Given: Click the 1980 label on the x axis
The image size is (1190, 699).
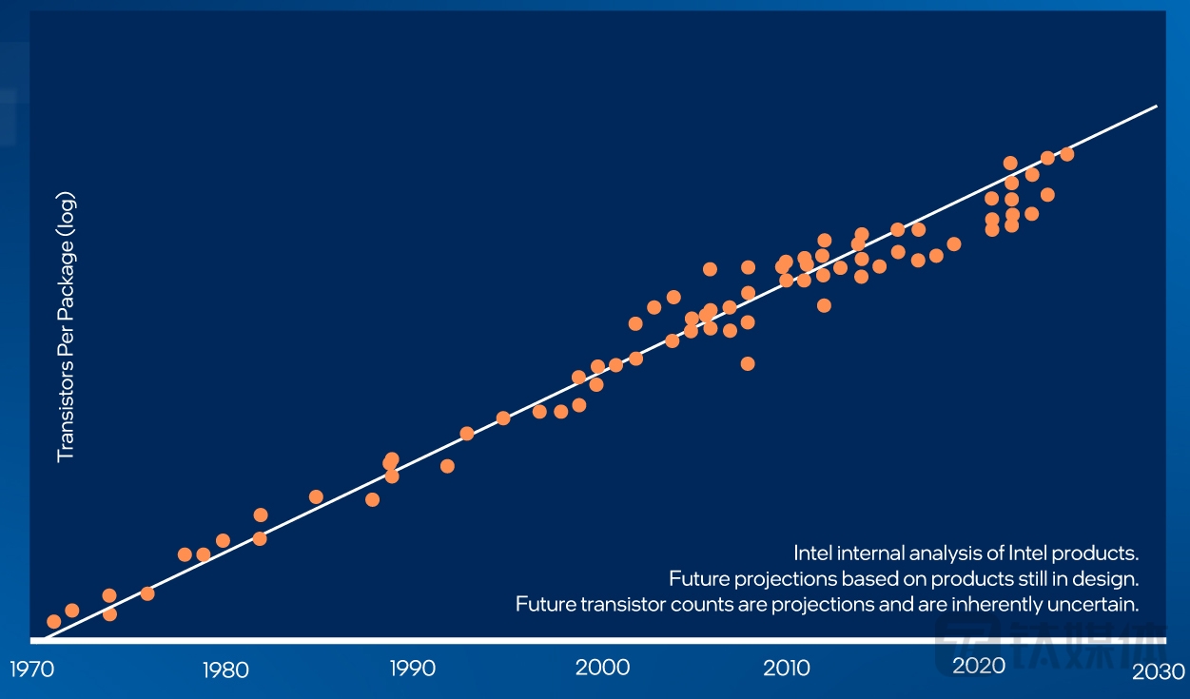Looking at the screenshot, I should (x=224, y=669).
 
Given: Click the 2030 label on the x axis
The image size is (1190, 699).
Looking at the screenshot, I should (x=1159, y=670).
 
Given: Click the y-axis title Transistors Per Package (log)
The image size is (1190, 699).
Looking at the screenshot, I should (x=66, y=327).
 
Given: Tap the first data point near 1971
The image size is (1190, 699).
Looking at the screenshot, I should (x=53, y=621).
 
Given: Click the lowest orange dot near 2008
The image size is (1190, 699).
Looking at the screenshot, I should (x=748, y=363).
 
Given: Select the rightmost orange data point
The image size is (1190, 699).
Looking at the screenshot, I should (x=1067, y=154).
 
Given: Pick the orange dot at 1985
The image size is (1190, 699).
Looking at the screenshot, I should (x=316, y=496).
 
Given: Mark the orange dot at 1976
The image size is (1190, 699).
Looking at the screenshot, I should (x=147, y=593).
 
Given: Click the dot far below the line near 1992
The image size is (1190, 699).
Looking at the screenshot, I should (x=447, y=466).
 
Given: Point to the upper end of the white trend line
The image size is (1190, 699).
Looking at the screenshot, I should (x=1156, y=107).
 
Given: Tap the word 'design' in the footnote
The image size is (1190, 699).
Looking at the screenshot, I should (x=1111, y=578).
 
